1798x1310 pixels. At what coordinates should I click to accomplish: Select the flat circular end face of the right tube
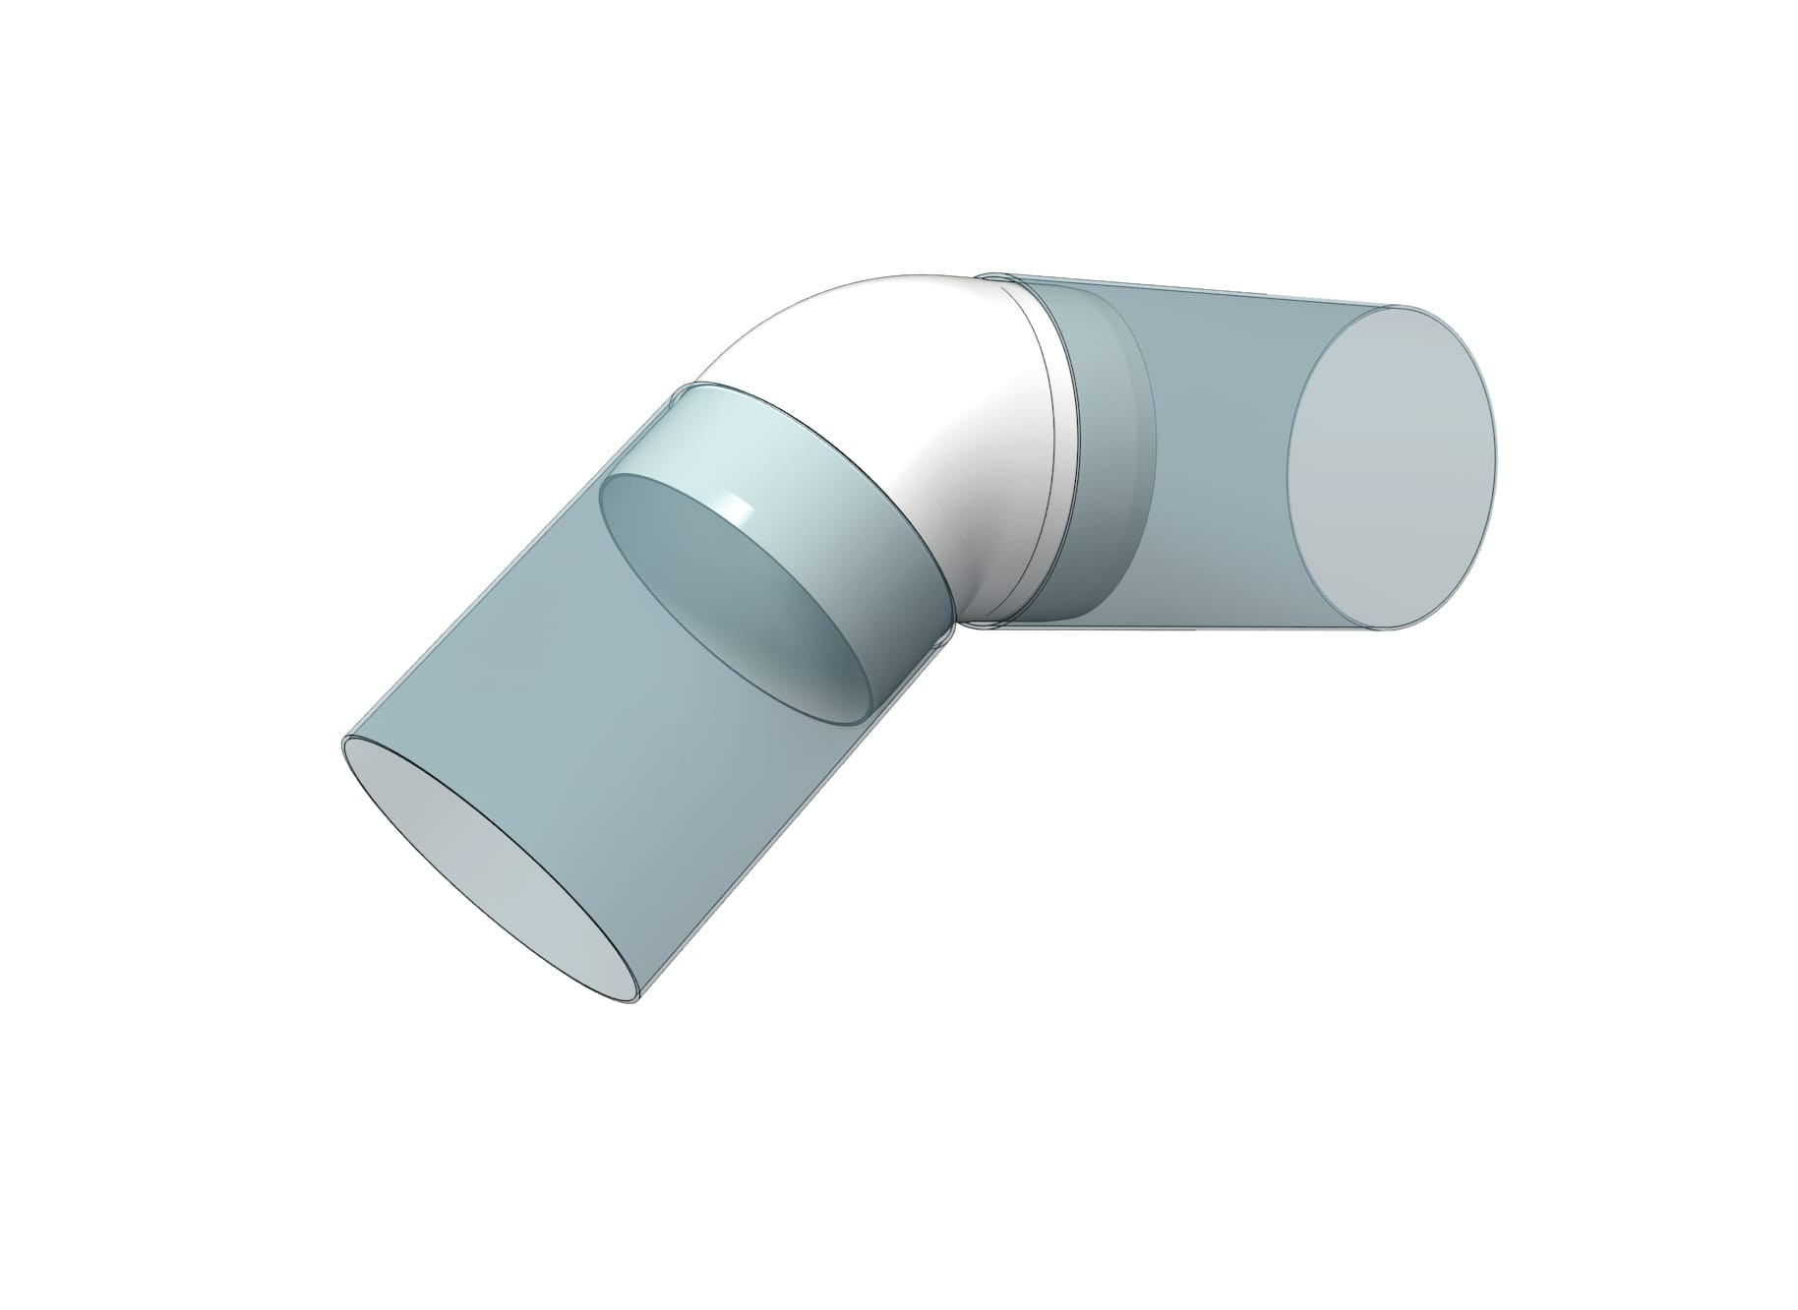tap(1392, 467)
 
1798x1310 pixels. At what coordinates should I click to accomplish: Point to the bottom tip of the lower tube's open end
tap(629, 1002)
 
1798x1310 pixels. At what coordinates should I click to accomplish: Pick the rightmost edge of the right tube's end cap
tap(1495, 462)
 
